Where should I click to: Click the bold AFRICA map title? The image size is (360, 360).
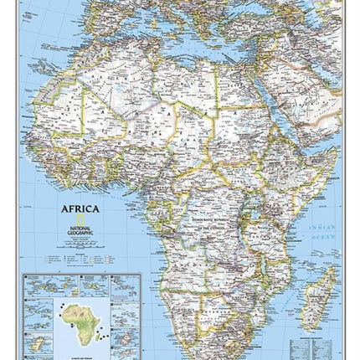[x=80, y=208]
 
